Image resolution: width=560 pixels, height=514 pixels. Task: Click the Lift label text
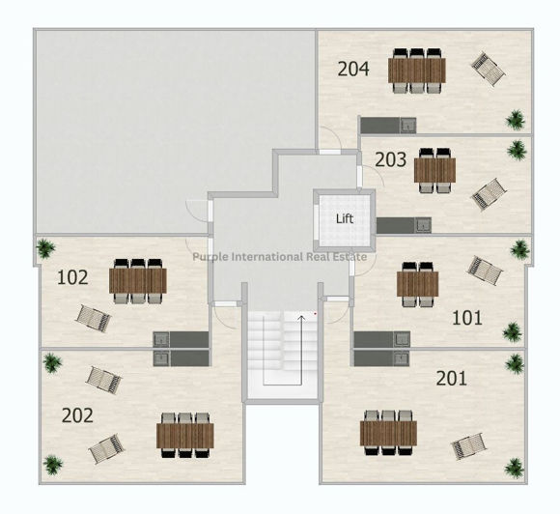pos(345,218)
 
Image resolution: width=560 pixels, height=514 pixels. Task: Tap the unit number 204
pos(353,69)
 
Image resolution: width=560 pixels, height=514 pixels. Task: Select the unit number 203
pos(390,159)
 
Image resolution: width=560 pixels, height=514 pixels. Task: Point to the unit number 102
pos(72,277)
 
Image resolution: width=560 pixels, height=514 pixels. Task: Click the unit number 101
pos(467,318)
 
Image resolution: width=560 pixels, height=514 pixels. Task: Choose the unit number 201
pos(452,379)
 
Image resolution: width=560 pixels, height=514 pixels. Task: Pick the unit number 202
pos(77,415)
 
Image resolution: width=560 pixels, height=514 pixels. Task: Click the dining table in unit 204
pos(417,71)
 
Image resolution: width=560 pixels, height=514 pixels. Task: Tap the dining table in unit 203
pos(434,170)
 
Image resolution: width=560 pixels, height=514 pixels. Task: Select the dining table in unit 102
pos(138,281)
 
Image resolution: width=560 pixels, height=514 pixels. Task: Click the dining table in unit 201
pos(388,433)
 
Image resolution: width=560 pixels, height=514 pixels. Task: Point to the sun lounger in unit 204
pos(488,69)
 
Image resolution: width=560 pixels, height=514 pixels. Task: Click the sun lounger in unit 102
pos(94,318)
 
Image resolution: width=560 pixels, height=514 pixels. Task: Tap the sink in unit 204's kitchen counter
pos(407,126)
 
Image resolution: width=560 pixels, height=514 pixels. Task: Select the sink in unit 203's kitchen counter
pos(423,225)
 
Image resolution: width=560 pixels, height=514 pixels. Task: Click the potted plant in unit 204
pos(516,120)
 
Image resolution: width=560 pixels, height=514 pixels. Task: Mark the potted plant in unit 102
pos(45,248)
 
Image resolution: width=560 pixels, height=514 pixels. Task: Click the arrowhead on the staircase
pos(302,318)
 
